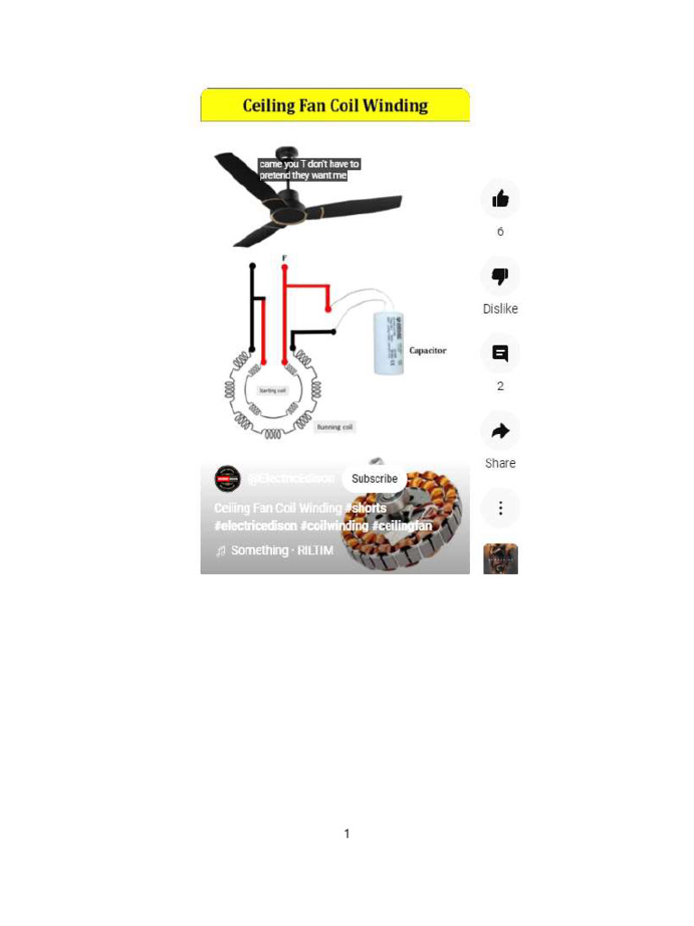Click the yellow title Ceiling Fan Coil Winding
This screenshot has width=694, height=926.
click(x=334, y=106)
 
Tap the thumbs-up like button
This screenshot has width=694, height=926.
click(x=500, y=199)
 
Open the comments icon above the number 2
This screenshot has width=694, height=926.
click(x=500, y=354)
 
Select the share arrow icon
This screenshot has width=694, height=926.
click(x=500, y=431)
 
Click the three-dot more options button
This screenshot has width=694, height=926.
click(x=500, y=508)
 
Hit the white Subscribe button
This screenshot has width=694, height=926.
click(x=374, y=478)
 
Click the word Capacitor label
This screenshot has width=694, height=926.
click(x=427, y=350)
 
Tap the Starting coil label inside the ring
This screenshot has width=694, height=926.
click(x=272, y=391)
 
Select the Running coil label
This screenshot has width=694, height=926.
click(x=334, y=426)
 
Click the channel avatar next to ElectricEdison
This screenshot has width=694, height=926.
click(x=228, y=478)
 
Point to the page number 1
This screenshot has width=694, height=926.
click(x=346, y=834)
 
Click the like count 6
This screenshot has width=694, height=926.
click(x=500, y=232)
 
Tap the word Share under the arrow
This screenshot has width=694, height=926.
click(x=500, y=463)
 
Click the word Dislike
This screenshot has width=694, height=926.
click(x=500, y=309)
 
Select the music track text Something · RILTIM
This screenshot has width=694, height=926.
click(x=281, y=550)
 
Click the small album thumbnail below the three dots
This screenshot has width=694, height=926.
click(x=500, y=559)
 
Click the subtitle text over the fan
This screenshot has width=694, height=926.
click(x=309, y=170)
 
